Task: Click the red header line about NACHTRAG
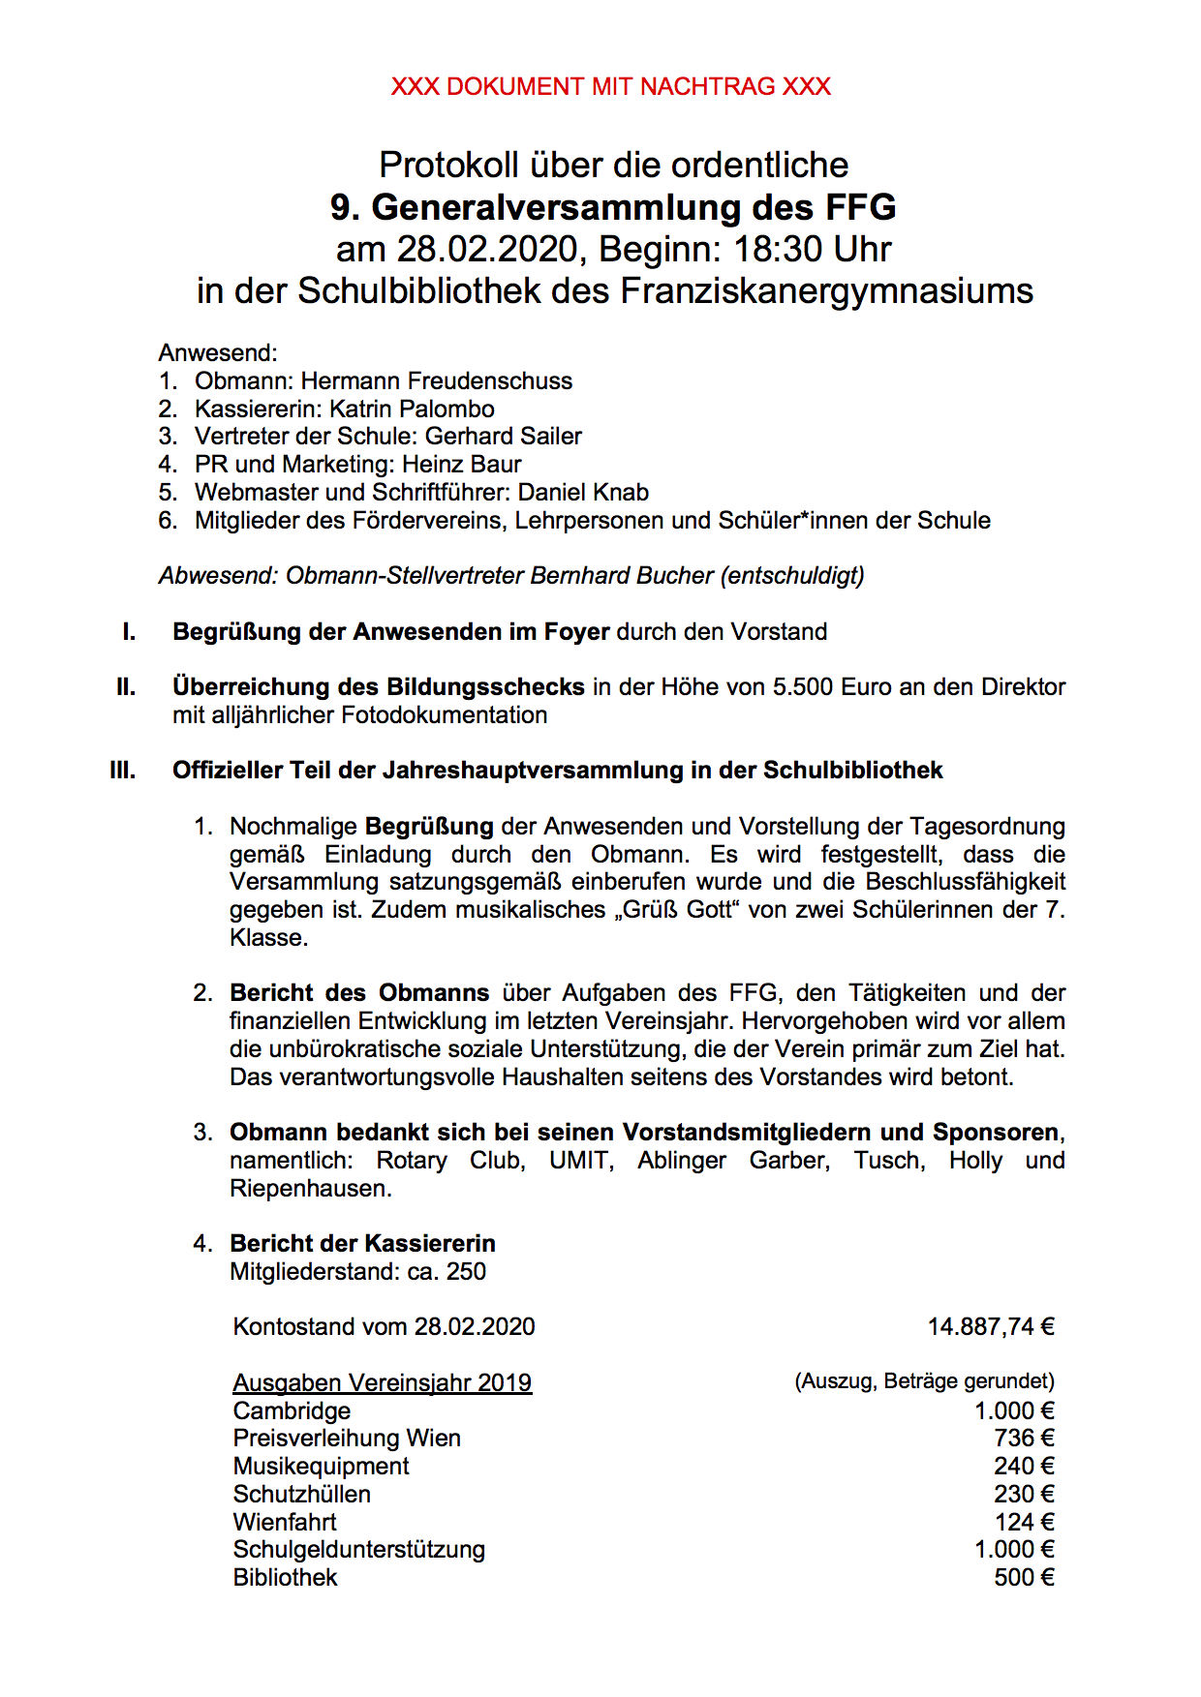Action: (610, 87)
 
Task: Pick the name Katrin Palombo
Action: (412, 409)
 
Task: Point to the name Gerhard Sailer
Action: (503, 437)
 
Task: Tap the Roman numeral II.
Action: (126, 687)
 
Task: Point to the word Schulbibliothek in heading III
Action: (852, 771)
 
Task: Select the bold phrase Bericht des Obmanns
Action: (359, 993)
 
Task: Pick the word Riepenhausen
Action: (310, 1189)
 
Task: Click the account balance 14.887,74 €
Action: (991, 1327)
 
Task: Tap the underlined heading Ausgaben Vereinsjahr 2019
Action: (383, 1383)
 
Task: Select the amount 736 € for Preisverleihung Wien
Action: (1024, 1439)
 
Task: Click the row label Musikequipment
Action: (321, 1467)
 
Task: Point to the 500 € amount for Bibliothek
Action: (1024, 1578)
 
